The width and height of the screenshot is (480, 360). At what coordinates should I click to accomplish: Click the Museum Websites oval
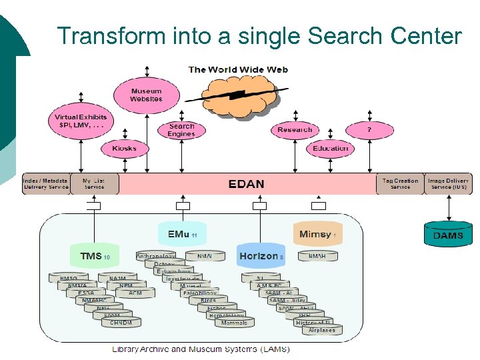pyautogui.click(x=146, y=95)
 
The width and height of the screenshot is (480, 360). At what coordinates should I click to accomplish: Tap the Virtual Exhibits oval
pyautogui.click(x=81, y=121)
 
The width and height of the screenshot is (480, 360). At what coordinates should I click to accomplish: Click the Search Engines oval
pyautogui.click(x=181, y=129)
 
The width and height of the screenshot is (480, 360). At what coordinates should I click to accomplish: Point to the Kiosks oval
pyautogui.click(x=124, y=148)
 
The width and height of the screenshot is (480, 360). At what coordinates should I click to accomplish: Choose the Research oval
pyautogui.click(x=295, y=129)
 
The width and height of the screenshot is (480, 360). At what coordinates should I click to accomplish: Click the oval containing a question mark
pyautogui.click(x=369, y=129)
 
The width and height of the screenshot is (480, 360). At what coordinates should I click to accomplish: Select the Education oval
pyautogui.click(x=331, y=148)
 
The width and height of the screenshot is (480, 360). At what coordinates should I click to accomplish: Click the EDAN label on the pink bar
pyautogui.click(x=246, y=184)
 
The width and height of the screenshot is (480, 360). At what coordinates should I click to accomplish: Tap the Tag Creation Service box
pyautogui.click(x=400, y=184)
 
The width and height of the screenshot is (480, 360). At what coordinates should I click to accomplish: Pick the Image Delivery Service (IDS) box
pyautogui.click(x=448, y=184)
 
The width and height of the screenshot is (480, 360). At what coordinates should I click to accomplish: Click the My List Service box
pyautogui.click(x=94, y=184)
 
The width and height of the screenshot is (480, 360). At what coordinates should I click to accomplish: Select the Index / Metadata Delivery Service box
pyautogui.click(x=45, y=184)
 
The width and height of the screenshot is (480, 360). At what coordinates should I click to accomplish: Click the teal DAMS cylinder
pyautogui.click(x=448, y=234)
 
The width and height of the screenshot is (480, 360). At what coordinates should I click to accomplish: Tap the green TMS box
pyautogui.click(x=95, y=256)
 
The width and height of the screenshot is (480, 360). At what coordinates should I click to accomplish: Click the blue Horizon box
pyautogui.click(x=261, y=256)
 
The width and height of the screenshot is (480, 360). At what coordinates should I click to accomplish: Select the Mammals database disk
pyautogui.click(x=234, y=323)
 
